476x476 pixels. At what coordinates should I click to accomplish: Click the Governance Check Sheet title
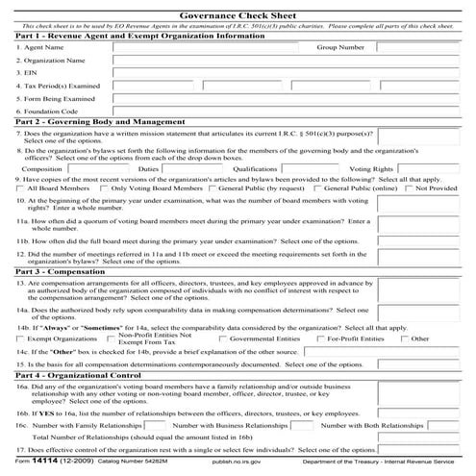coord(238,13)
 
